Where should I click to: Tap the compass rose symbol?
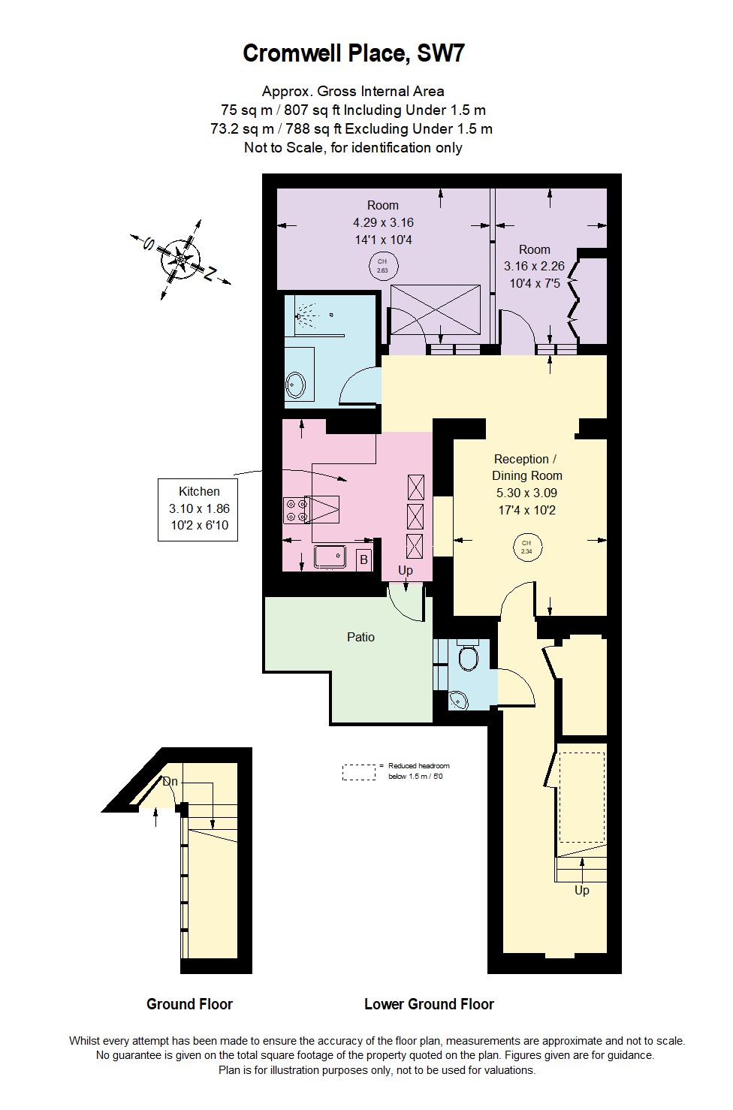180,258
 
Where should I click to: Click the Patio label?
360,637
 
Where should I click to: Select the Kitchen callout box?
198,508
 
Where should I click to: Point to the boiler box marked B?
363,560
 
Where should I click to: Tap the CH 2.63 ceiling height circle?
382,266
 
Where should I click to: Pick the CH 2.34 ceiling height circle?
526,547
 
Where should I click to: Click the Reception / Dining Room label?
526,467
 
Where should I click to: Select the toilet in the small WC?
469,658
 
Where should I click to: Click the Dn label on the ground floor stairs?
170,782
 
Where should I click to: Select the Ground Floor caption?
189,1004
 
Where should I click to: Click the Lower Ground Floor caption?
429,1004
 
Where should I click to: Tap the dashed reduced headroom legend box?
359,772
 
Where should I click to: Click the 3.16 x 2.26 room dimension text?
534,267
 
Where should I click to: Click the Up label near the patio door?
406,571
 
